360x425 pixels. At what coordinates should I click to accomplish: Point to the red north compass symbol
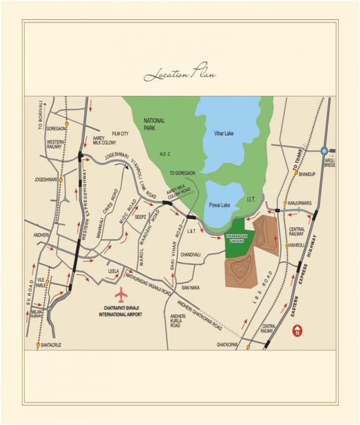(x=297, y=331)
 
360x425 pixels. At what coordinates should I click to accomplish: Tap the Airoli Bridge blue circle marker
(x=325, y=151)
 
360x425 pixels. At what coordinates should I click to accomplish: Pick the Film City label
(x=120, y=134)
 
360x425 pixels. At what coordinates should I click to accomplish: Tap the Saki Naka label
(x=191, y=288)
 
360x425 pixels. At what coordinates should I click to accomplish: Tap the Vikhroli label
(x=296, y=245)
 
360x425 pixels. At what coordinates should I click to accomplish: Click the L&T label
(x=190, y=231)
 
